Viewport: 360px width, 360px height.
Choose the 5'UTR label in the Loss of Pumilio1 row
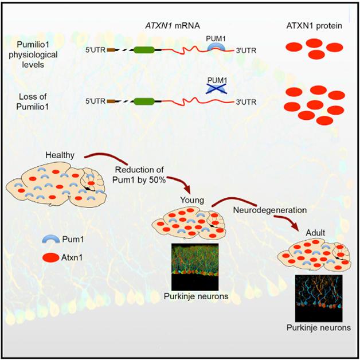tap(95, 102)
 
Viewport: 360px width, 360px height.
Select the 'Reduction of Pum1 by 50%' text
tap(139, 175)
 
